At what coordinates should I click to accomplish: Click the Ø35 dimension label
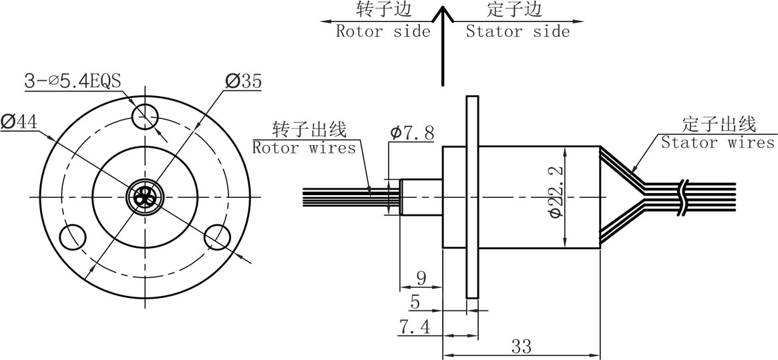tap(243, 81)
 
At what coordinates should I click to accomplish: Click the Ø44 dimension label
tap(19, 122)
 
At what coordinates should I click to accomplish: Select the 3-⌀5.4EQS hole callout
tap(73, 81)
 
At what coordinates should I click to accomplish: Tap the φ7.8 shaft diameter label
tap(412, 133)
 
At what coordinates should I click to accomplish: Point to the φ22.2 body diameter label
tap(556, 191)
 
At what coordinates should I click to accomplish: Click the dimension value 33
tap(521, 346)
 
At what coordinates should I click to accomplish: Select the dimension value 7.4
tap(414, 327)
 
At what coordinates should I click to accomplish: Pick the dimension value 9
tap(421, 278)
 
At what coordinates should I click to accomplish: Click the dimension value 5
tap(415, 301)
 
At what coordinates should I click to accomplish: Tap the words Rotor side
tap(383, 31)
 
